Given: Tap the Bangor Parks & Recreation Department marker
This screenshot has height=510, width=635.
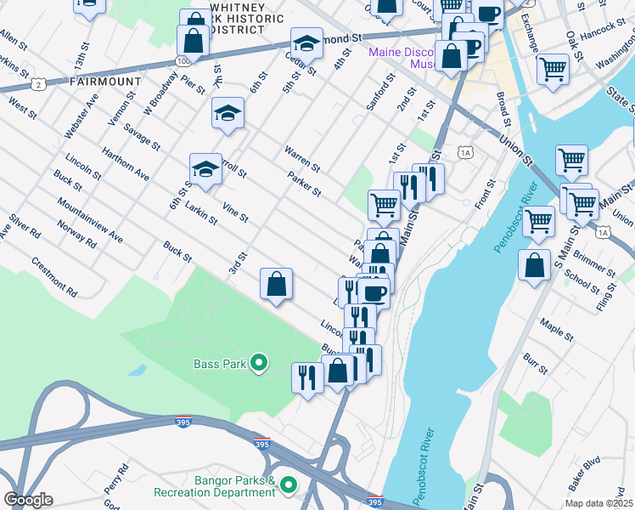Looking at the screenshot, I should [289, 485].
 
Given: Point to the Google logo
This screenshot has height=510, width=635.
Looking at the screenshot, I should [28, 500].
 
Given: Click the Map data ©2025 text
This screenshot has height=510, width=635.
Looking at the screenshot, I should [598, 503].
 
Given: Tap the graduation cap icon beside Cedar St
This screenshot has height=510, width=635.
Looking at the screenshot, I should [306, 42].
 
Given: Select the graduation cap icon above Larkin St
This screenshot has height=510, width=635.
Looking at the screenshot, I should [205, 169].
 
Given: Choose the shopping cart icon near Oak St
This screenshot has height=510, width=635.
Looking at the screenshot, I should [553, 67].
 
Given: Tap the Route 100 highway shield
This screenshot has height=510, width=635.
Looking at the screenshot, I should [183, 60].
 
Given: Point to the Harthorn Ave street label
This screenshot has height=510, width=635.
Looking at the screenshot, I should [125, 164].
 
